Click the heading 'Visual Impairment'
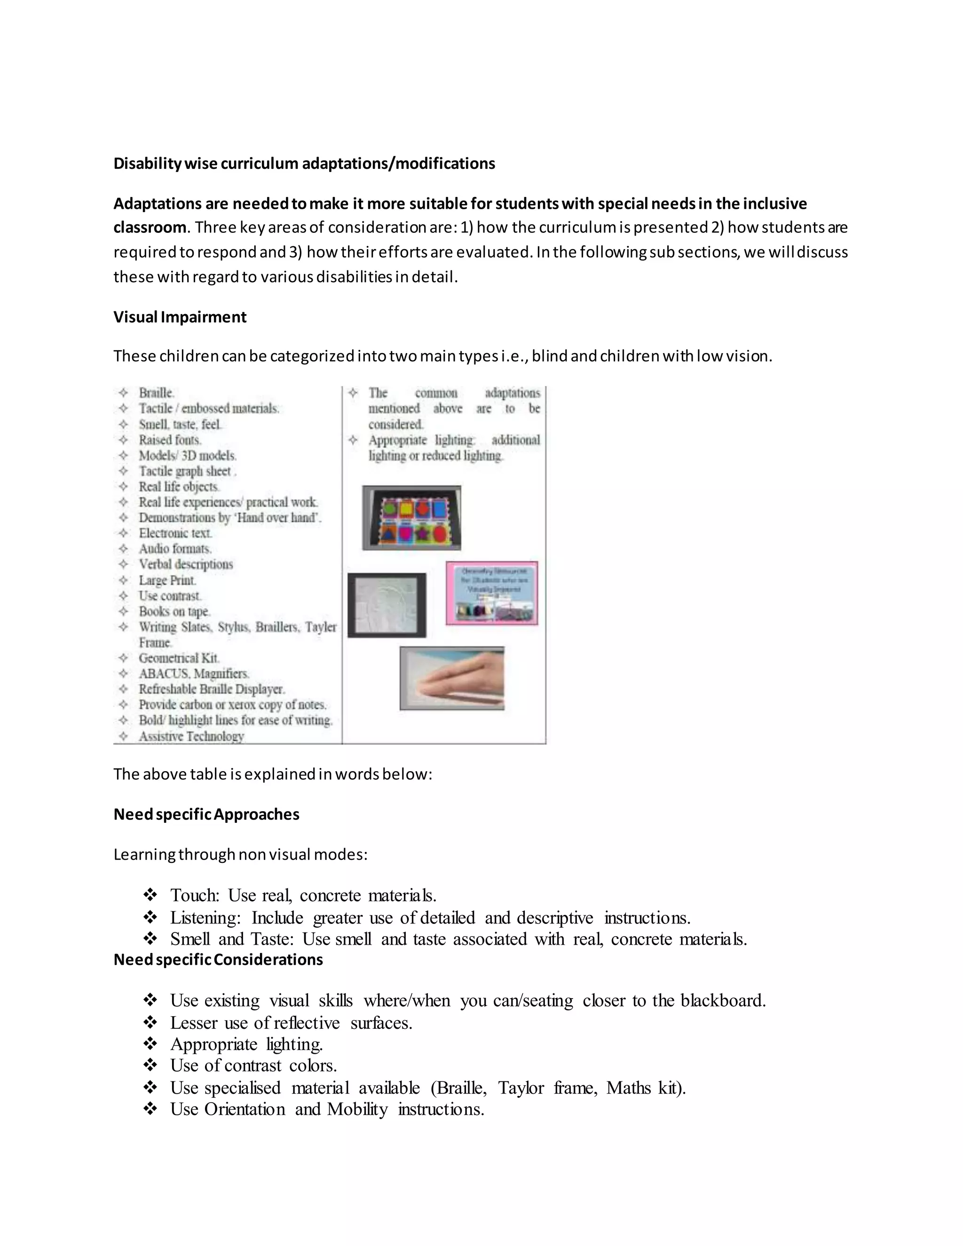click(180, 317)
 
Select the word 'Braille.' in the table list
click(156, 393)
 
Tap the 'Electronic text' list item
click(175, 534)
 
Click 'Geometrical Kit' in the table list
click(179, 658)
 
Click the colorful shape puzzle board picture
click(411, 518)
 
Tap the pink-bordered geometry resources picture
click(492, 593)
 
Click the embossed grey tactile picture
click(387, 605)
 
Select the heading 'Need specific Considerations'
click(218, 960)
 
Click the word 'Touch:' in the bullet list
click(195, 895)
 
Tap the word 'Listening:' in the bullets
click(205, 917)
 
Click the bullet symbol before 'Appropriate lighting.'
click(150, 1044)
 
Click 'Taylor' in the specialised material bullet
click(521, 1088)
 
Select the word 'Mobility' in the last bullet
click(357, 1109)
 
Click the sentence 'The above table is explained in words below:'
click(273, 774)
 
